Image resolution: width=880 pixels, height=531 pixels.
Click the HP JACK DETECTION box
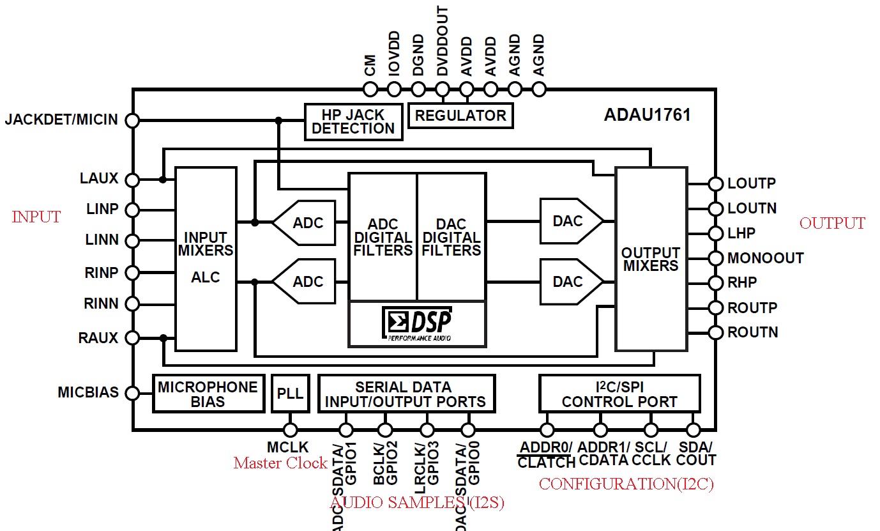pyautogui.click(x=353, y=121)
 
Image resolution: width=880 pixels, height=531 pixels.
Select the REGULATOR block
pyautogui.click(x=460, y=116)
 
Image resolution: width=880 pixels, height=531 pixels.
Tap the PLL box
pyautogui.click(x=291, y=393)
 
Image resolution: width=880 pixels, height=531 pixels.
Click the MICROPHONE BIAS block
pyautogui.click(x=208, y=394)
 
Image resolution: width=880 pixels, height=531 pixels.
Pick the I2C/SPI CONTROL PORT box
pyautogui.click(x=619, y=394)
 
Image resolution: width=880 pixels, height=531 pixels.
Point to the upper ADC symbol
pyautogui.click(x=305, y=223)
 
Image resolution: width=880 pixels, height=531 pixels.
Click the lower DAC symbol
pyautogui.click(x=571, y=282)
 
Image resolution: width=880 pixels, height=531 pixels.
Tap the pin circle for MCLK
pyautogui.click(x=291, y=430)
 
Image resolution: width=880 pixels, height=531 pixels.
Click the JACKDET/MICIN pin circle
pyautogui.click(x=132, y=120)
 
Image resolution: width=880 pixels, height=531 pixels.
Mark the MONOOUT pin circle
pyautogui.click(x=716, y=258)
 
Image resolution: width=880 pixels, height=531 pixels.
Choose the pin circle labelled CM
pyautogui.click(x=370, y=89)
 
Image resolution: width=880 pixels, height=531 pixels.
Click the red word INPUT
pyautogui.click(x=36, y=217)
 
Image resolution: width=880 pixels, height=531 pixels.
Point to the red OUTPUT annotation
pyautogui.click(x=832, y=224)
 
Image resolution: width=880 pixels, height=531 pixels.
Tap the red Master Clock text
pyautogui.click(x=280, y=463)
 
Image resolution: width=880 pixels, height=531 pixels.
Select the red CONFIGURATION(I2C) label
pyautogui.click(x=626, y=484)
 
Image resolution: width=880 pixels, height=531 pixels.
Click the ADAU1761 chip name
pyautogui.click(x=647, y=116)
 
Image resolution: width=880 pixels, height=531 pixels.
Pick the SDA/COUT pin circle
pyautogui.click(x=693, y=430)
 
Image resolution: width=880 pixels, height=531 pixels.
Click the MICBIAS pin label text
pyautogui.click(x=88, y=392)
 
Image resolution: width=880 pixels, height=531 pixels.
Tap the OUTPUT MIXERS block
pyautogui.click(x=651, y=259)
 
